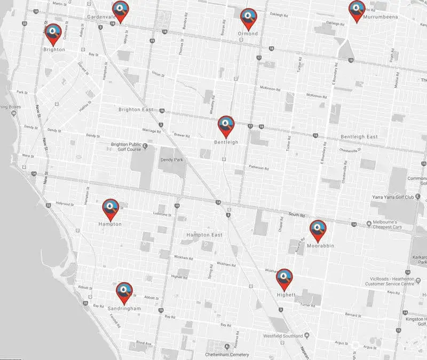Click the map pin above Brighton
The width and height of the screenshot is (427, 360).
point(52,34)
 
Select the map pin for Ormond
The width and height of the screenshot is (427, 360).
point(248,18)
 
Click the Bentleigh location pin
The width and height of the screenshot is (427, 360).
point(226,126)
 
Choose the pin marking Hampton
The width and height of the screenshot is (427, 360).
point(110,209)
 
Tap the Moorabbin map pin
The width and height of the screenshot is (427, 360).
point(318,230)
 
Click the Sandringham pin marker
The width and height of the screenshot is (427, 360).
point(124,292)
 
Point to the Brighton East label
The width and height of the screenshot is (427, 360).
point(136,109)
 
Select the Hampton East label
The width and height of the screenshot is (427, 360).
point(204,235)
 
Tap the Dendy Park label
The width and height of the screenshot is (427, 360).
point(171,159)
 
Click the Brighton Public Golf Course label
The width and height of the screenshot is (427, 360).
point(126,147)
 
